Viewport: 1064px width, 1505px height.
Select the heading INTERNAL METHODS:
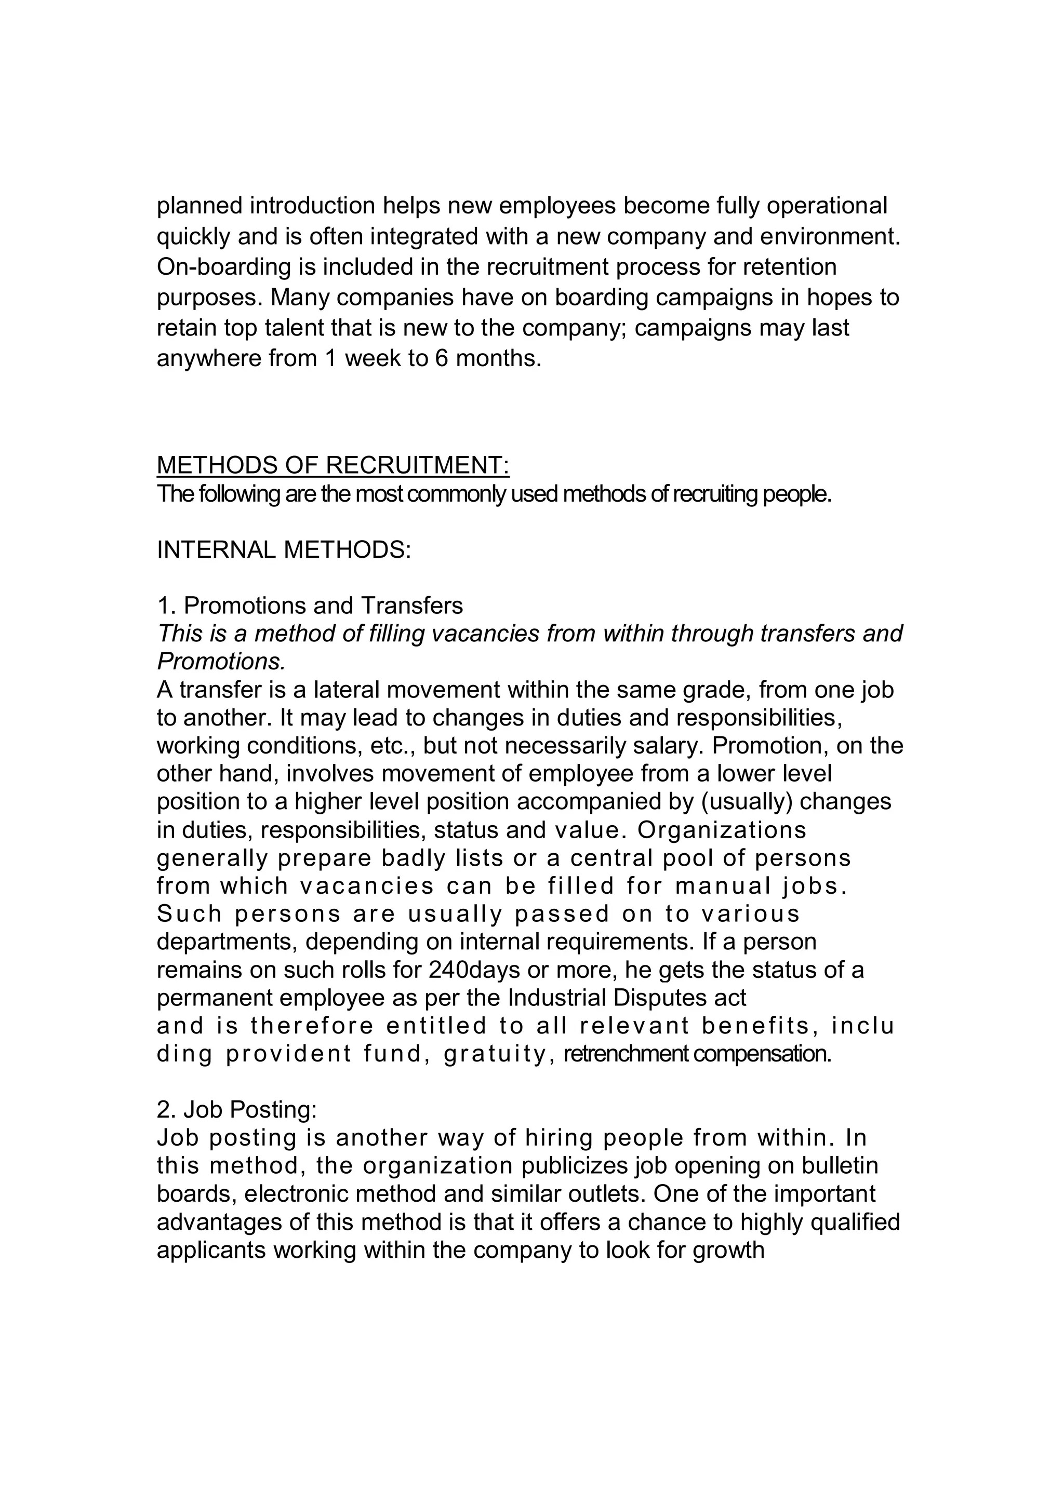coord(283,549)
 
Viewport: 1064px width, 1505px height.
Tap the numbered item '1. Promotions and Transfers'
coord(310,605)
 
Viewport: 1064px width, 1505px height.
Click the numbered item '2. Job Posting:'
coord(237,1109)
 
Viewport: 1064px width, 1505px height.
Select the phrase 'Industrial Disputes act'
coord(627,998)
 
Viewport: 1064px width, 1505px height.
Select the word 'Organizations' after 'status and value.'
coord(722,830)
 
